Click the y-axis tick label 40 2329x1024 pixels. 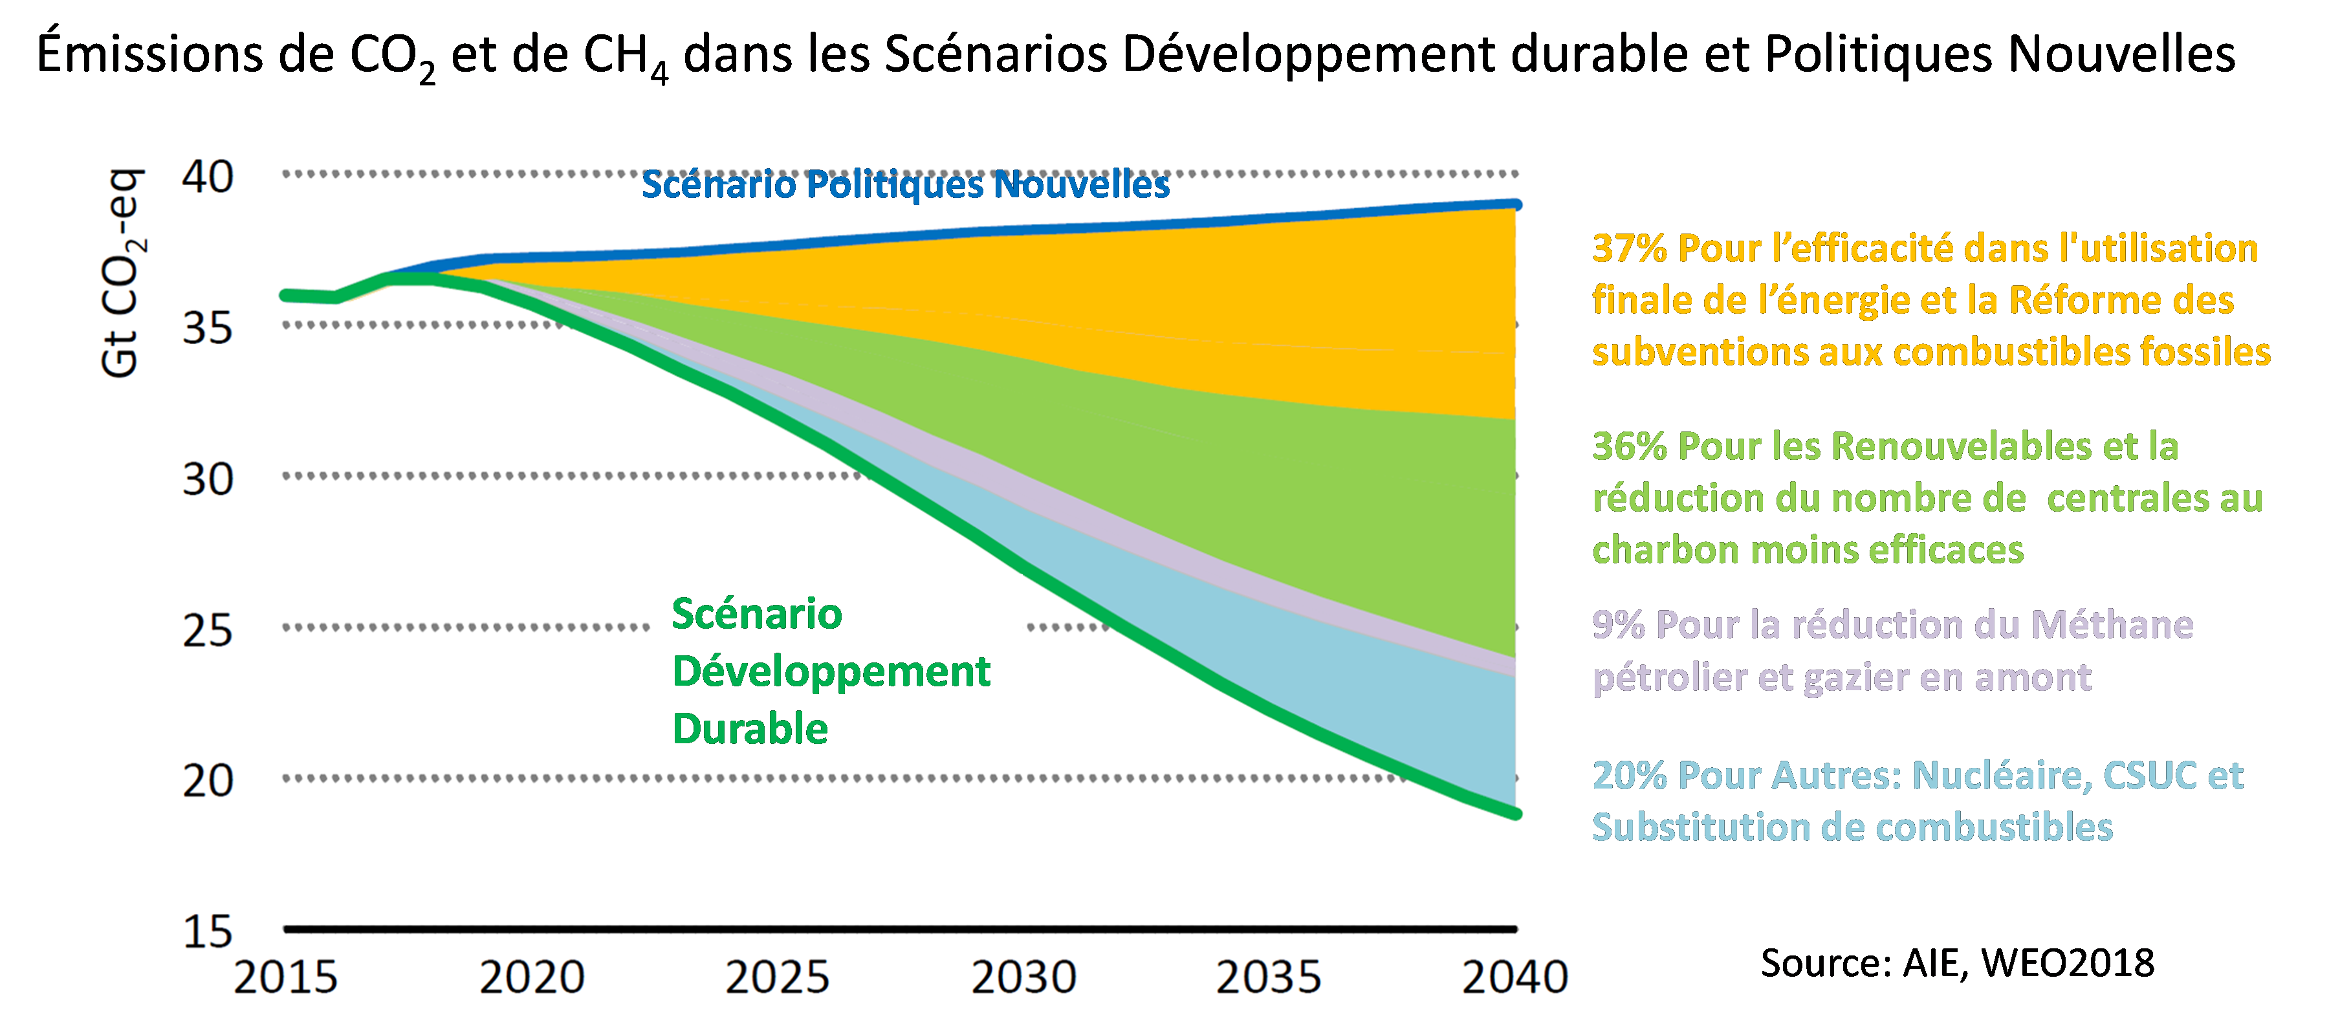tap(208, 177)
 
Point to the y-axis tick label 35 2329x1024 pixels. tap(208, 328)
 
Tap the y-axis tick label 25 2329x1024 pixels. tap(208, 631)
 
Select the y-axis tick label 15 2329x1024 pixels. tap(208, 931)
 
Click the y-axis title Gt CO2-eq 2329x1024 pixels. tap(120, 273)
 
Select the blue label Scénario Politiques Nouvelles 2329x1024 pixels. tap(905, 185)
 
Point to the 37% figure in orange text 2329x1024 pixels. tap(1629, 248)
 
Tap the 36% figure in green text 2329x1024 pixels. tap(1629, 446)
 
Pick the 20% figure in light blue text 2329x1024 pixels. tap(1629, 776)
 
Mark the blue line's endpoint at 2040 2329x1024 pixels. tap(1516, 205)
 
